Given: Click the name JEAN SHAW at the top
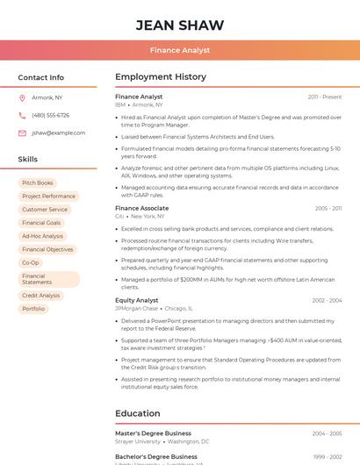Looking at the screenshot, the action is click(x=180, y=25).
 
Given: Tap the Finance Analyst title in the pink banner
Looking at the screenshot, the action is click(x=180, y=51).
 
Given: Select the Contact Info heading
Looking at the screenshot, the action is click(x=41, y=77).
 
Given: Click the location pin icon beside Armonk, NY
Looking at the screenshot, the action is click(x=22, y=97).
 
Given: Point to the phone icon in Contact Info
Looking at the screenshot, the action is click(x=22, y=115).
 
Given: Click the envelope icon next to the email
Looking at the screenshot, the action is click(x=22, y=132).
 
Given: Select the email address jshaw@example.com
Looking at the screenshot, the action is click(x=59, y=132).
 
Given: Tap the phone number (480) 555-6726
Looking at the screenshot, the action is click(x=51, y=115).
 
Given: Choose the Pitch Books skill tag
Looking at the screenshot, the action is click(x=38, y=182).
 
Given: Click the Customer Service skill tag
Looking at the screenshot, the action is click(x=45, y=210).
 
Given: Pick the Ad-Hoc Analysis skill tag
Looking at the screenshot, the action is click(x=43, y=236).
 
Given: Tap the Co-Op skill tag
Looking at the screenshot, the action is click(x=31, y=262).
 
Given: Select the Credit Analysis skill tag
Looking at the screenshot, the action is click(x=41, y=296).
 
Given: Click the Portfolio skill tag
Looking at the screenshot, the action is click(x=33, y=309).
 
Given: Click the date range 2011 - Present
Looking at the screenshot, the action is click(x=325, y=97).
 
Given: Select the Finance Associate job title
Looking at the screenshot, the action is click(x=141, y=208).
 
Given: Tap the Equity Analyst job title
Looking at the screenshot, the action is click(x=137, y=300).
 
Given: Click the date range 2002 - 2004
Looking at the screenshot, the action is click(x=327, y=300).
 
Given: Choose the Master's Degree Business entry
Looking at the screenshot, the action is click(x=153, y=433).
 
